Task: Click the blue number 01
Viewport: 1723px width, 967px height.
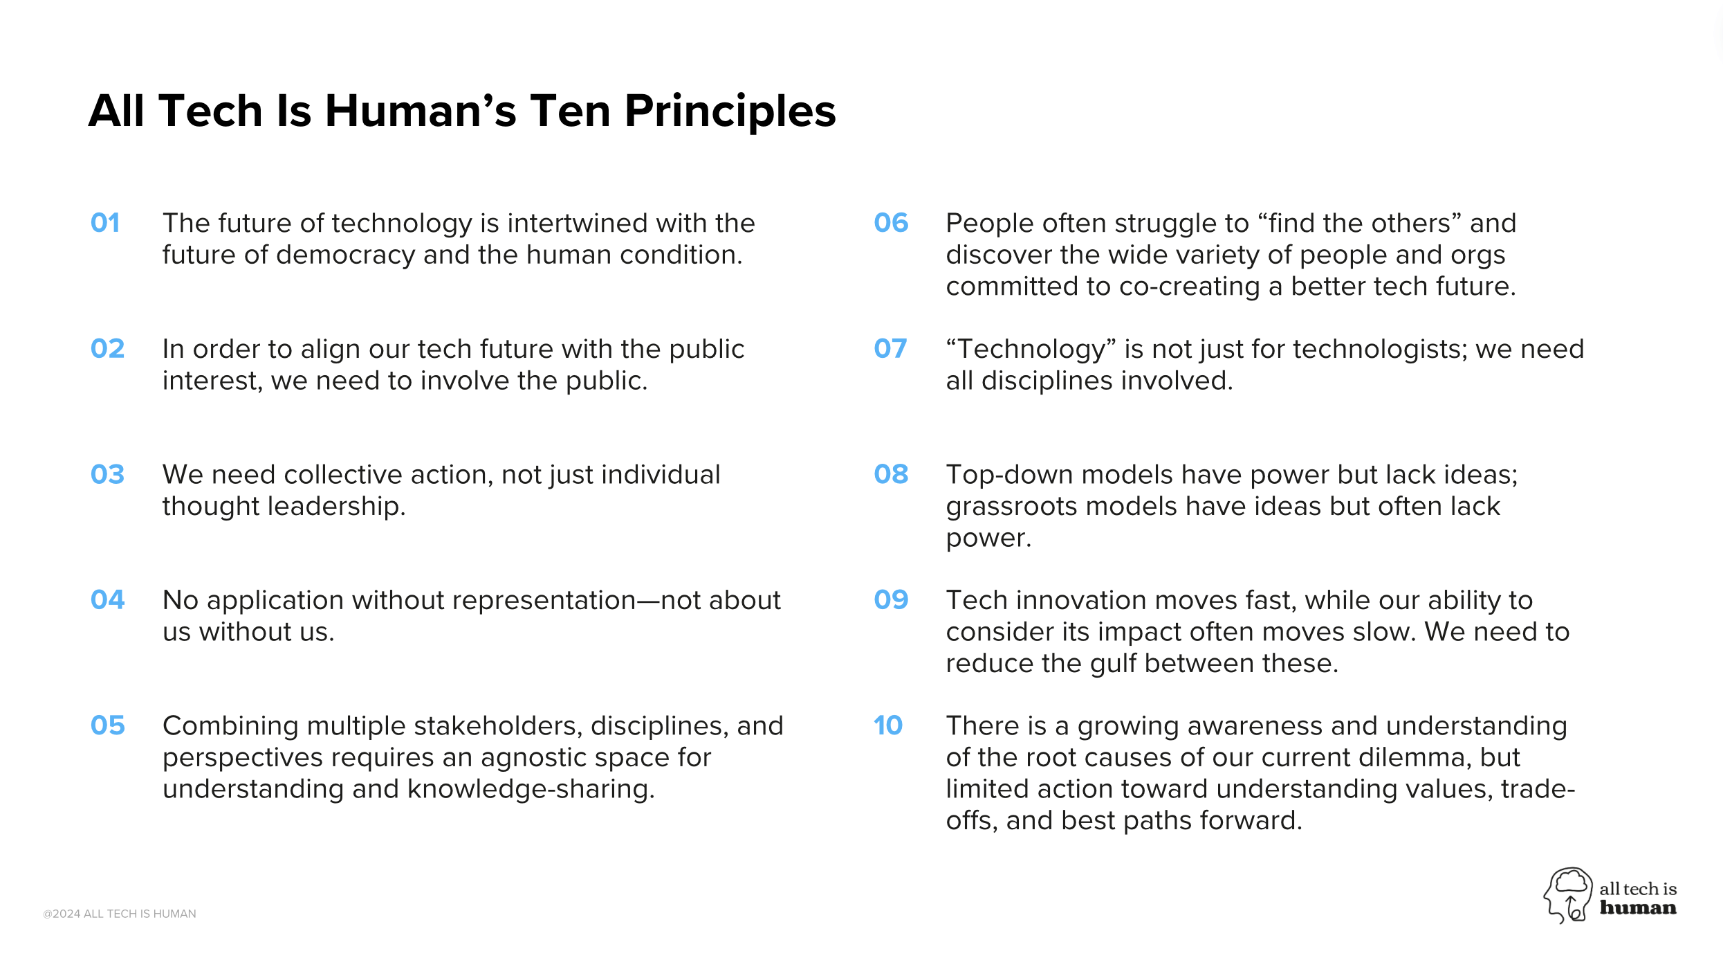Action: click(x=105, y=223)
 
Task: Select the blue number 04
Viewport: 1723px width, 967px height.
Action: click(x=107, y=599)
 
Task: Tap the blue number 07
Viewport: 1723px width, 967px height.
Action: click(x=890, y=348)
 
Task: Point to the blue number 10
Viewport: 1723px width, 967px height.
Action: click(x=888, y=725)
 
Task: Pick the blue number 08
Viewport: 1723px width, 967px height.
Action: click(x=891, y=474)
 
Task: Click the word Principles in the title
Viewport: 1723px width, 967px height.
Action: click(x=730, y=111)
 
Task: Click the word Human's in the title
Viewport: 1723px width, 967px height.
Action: click(x=421, y=111)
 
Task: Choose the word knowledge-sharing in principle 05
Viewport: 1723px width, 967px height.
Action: click(x=531, y=789)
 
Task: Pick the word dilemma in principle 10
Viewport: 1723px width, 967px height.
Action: click(x=1415, y=758)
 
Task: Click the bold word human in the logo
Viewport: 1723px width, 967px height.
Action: click(x=1638, y=907)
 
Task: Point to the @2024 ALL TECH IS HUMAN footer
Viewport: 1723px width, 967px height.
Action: click(x=120, y=914)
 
